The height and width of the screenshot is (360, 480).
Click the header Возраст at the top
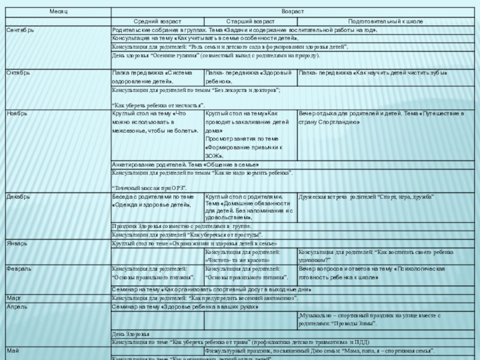(295, 12)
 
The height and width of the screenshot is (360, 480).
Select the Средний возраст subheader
(157, 21)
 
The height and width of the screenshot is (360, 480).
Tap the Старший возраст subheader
(250, 21)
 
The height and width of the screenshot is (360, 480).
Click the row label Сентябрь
(20, 29)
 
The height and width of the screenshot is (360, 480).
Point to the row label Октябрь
(18, 73)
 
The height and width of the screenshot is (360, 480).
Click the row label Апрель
(17, 307)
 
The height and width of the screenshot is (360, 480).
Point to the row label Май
(13, 349)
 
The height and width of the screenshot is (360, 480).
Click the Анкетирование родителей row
(185, 164)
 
